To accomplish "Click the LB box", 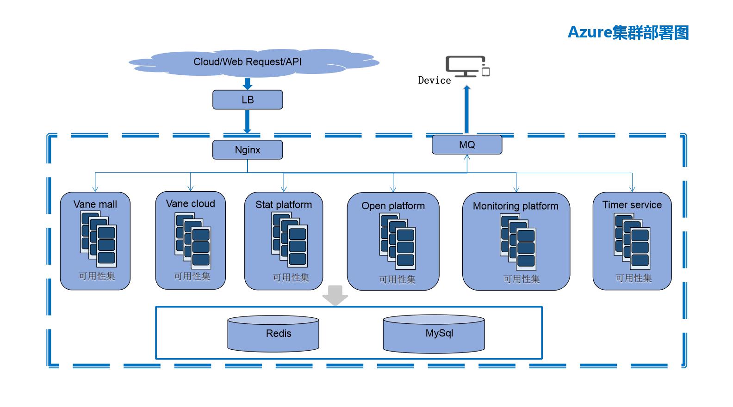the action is click(248, 100).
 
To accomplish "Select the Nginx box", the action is click(248, 150).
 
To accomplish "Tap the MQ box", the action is click(467, 145).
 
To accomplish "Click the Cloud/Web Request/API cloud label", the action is click(248, 62).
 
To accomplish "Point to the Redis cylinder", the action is click(273, 334).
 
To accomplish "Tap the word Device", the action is click(435, 80).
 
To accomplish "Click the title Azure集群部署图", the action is click(628, 33).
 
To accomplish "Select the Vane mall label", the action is click(95, 205).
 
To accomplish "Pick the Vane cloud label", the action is click(191, 204).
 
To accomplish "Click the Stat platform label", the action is click(284, 205).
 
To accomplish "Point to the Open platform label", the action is click(393, 206).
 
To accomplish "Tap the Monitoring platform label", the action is click(516, 206).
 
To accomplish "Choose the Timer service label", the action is click(632, 205).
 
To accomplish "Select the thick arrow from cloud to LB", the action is click(248, 84).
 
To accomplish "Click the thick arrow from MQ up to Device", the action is click(467, 109).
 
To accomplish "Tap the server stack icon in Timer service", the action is click(632, 242).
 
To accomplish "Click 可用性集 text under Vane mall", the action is click(97, 276).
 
